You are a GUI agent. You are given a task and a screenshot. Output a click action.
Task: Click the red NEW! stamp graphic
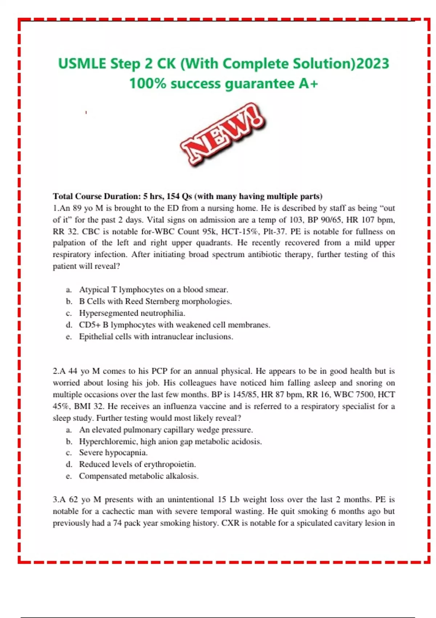coord(222,135)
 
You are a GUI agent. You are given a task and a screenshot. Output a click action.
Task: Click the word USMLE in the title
coord(82,64)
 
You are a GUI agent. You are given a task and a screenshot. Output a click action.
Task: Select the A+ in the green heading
coord(308,84)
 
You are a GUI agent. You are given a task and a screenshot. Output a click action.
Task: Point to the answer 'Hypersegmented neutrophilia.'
coord(132,313)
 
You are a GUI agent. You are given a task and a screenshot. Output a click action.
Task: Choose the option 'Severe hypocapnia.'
coord(113,453)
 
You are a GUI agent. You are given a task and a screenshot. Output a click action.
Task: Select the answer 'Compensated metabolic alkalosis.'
coord(139,476)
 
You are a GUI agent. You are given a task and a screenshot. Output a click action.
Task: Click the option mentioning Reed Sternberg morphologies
coord(156,301)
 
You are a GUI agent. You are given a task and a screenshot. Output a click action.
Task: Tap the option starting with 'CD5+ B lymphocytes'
coord(174,325)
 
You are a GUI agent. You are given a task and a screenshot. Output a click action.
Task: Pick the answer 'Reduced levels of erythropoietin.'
coord(137,464)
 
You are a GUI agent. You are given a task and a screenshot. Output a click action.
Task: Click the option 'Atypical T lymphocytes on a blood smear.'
coord(154,290)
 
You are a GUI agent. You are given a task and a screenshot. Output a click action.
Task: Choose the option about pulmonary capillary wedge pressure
coord(166,430)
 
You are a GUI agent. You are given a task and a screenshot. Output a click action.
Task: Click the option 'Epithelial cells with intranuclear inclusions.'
coord(156,337)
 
